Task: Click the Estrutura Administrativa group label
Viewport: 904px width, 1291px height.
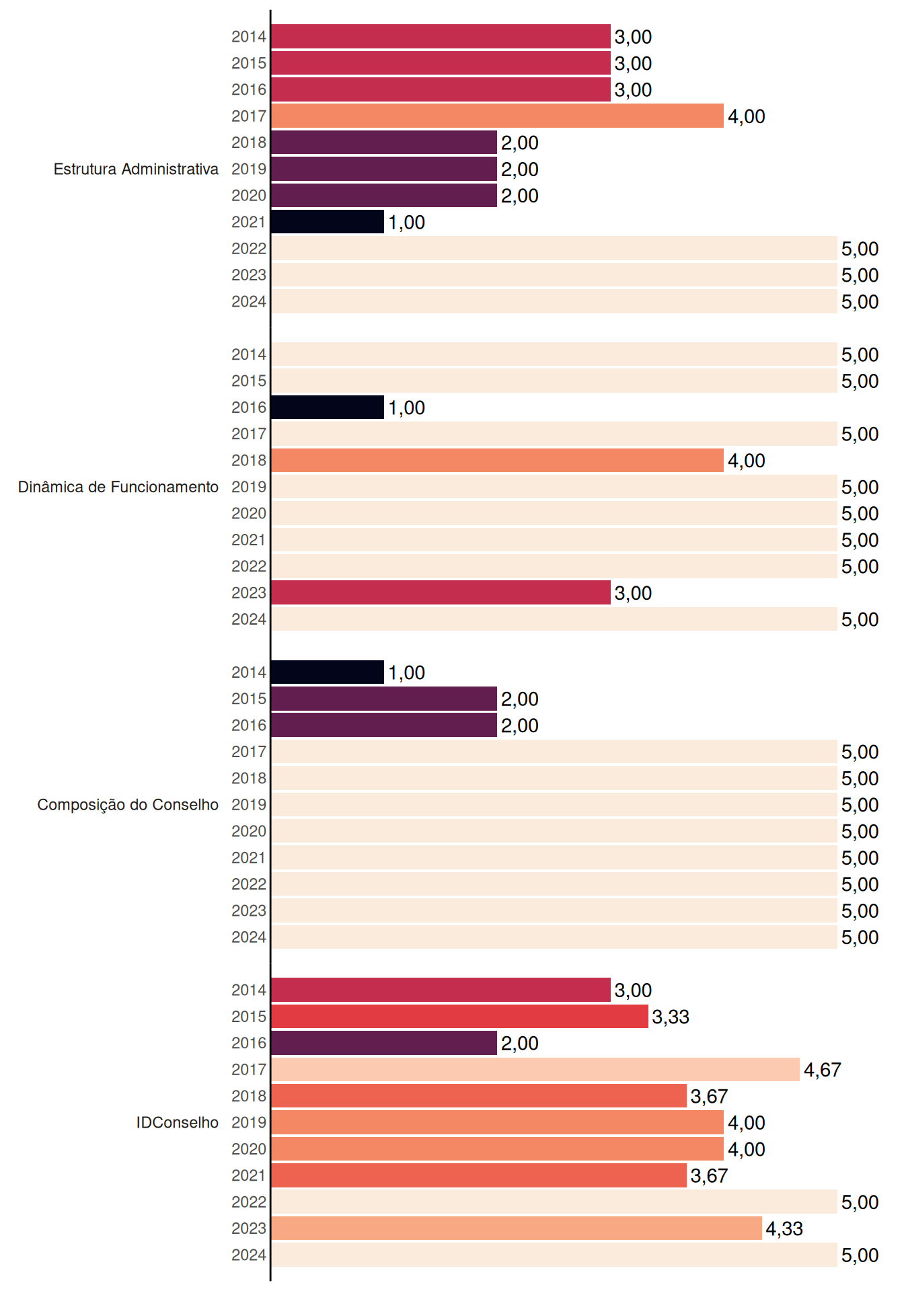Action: [136, 169]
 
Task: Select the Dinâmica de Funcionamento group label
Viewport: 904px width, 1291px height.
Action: [118, 487]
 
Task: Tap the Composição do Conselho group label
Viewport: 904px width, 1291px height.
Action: [128, 805]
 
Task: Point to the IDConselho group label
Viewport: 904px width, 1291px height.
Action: [178, 1122]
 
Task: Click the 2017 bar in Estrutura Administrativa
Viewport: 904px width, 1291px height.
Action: [497, 116]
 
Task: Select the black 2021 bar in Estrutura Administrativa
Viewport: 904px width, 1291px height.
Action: [328, 222]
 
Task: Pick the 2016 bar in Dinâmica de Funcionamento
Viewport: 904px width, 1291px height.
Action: [328, 407]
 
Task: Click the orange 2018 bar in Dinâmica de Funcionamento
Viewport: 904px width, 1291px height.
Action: [497, 460]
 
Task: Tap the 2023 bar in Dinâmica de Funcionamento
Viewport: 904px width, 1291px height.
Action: [441, 592]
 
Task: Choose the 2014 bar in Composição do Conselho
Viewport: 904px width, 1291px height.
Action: [328, 672]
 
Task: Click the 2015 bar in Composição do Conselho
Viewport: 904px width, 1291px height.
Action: [384, 699]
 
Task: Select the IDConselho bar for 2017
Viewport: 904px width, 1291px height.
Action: [535, 1069]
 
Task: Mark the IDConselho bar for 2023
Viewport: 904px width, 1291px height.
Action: [517, 1228]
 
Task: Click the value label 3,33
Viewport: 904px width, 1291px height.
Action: [671, 1017]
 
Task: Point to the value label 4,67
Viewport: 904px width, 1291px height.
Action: [823, 1070]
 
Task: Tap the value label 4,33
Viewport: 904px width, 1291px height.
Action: [784, 1228]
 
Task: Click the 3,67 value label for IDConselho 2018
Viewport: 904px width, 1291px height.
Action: [709, 1096]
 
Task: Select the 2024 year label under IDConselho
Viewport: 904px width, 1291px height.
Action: [249, 1255]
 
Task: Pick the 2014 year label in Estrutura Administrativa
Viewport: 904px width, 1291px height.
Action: [249, 36]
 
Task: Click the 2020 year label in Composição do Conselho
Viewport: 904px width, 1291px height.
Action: [249, 831]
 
